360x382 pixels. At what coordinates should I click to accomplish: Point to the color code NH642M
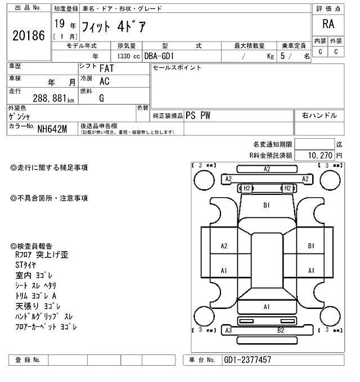52,129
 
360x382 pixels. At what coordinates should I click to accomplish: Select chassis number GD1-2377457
247,360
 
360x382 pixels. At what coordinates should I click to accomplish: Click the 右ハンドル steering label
319,115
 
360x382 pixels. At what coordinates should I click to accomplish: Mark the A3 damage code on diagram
228,330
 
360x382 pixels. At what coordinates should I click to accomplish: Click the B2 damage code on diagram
280,330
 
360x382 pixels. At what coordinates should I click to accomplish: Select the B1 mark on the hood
267,205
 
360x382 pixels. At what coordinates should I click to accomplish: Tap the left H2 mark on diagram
246,188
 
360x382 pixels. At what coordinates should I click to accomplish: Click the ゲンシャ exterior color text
20,117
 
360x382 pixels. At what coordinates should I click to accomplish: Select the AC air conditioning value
104,81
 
